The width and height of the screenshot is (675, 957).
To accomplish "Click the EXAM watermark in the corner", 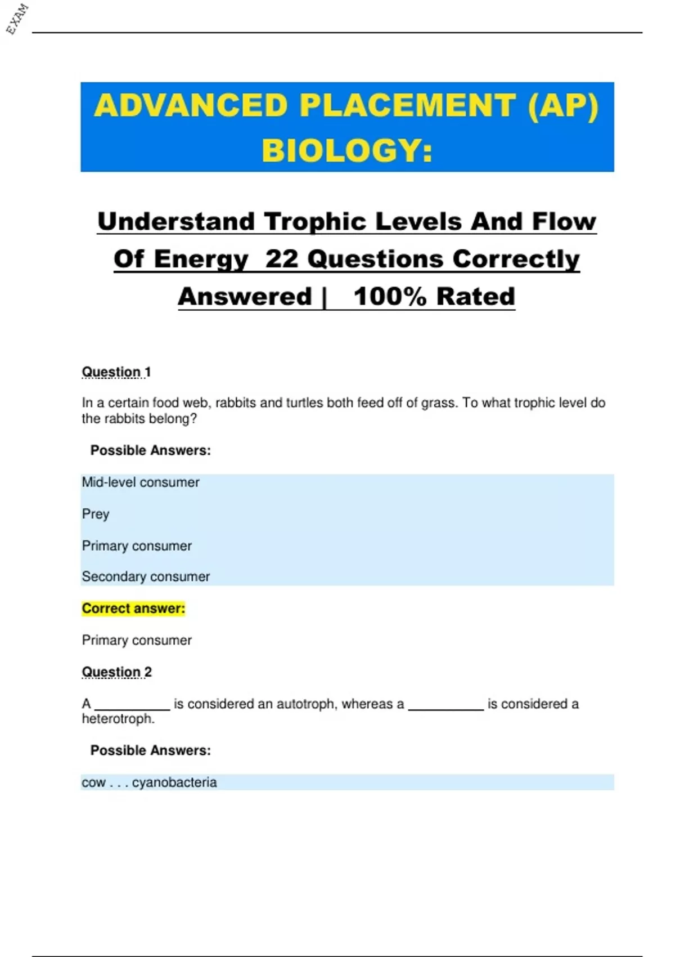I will pyautogui.click(x=17, y=19).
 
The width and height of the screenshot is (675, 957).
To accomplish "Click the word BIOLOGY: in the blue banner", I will pyautogui.click(x=347, y=151).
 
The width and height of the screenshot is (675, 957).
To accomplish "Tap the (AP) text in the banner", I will pyautogui.click(x=563, y=105).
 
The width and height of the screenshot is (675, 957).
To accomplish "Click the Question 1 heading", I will pyautogui.click(x=116, y=372).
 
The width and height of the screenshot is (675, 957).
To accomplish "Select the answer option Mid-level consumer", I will pyautogui.click(x=141, y=482).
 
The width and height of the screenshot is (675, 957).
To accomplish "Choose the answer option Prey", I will pyautogui.click(x=96, y=514).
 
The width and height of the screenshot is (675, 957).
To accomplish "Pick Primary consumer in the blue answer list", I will pyautogui.click(x=137, y=546).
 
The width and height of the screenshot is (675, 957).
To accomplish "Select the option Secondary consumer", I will pyautogui.click(x=146, y=576).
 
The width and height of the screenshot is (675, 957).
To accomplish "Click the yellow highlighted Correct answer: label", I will pyautogui.click(x=133, y=609).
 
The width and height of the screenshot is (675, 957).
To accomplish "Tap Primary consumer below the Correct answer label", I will pyautogui.click(x=137, y=640).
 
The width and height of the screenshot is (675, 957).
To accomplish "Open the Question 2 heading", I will pyautogui.click(x=117, y=672).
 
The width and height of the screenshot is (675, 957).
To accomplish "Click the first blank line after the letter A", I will pyautogui.click(x=132, y=706).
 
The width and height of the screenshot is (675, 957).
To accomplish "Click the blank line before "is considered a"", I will pyautogui.click(x=445, y=706).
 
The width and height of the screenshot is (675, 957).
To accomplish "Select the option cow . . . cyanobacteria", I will pyautogui.click(x=149, y=782).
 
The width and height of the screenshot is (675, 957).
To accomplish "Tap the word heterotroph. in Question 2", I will pyautogui.click(x=118, y=719).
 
